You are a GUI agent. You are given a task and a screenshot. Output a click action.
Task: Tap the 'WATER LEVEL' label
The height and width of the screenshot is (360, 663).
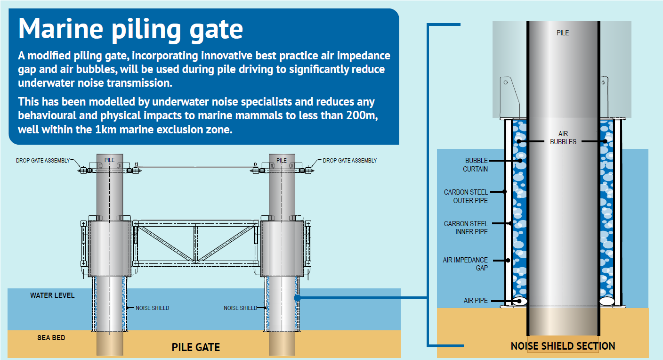tap(52, 295)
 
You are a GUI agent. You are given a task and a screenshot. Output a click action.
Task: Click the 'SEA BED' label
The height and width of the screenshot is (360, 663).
tap(51, 338)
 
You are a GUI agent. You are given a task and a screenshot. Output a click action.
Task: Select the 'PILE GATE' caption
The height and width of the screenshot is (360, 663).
tap(195, 347)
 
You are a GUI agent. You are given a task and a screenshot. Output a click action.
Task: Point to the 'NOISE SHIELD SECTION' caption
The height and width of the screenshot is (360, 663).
tap(563, 346)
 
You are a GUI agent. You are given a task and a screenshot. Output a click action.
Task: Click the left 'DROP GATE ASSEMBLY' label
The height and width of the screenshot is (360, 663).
tap(43, 161)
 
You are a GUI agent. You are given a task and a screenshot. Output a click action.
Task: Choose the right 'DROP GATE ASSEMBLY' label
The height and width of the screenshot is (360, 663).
tap(349, 161)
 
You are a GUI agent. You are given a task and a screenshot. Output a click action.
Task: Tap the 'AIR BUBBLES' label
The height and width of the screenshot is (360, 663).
tap(563, 138)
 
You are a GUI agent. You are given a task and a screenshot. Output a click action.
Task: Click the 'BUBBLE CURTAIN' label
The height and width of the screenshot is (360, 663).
tap(475, 165)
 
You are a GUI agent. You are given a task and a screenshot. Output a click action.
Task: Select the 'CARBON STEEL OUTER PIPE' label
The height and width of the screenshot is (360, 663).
tap(466, 196)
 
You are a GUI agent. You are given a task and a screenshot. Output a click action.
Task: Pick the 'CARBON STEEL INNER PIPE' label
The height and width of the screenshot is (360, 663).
tap(466, 228)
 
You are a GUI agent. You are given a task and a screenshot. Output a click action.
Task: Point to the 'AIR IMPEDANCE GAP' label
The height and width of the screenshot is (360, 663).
tap(465, 264)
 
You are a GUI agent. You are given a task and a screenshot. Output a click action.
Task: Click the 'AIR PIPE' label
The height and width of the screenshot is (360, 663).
tap(476, 301)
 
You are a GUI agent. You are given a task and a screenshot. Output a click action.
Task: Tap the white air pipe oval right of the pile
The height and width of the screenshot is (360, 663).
tap(607, 301)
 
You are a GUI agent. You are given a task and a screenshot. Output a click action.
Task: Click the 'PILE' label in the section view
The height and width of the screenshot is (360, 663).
tap(563, 33)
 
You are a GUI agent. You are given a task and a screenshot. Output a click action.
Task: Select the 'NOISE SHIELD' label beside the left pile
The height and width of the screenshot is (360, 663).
tap(152, 308)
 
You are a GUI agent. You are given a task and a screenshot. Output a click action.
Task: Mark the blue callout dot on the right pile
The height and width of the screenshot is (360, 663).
tap(298, 298)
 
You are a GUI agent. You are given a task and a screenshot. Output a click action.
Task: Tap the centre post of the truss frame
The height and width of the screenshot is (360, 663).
tap(195, 244)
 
